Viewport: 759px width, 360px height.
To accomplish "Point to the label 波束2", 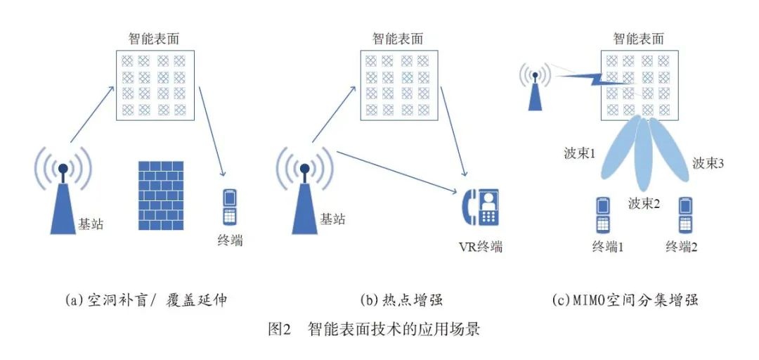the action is [x=645, y=204].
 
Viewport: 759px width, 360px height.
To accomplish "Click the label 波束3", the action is [x=708, y=163].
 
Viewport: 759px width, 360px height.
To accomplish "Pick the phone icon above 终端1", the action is [x=603, y=215].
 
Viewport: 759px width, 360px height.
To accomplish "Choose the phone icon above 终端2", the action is [x=685, y=215].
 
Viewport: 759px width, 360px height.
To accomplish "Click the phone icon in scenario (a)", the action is [x=230, y=205].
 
